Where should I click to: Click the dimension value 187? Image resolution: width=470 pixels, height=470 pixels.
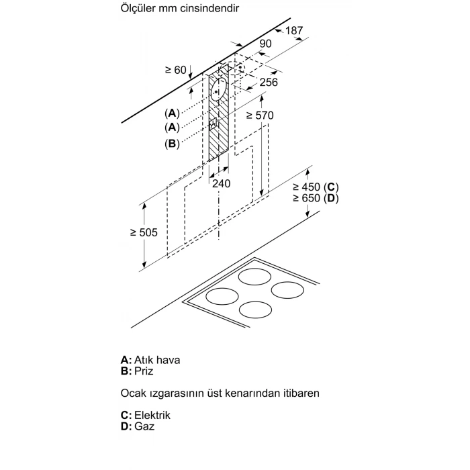294,31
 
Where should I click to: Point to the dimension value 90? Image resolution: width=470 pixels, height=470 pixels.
265,44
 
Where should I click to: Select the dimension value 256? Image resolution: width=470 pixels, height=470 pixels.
269,82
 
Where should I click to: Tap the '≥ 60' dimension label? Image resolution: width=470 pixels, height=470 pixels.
175,69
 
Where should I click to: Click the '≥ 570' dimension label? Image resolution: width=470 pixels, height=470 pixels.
260,115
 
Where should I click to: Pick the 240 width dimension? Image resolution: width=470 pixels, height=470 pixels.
222,183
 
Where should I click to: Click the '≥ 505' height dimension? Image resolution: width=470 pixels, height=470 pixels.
144,232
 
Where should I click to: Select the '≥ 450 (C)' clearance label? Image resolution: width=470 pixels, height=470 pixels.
316,187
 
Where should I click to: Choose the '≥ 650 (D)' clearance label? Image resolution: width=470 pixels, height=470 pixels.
316,199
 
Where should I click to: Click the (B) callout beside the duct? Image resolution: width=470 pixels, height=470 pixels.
172,143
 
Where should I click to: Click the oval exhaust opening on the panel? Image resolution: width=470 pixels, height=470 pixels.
218,87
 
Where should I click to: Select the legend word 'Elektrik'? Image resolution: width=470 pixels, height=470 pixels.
152,415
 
